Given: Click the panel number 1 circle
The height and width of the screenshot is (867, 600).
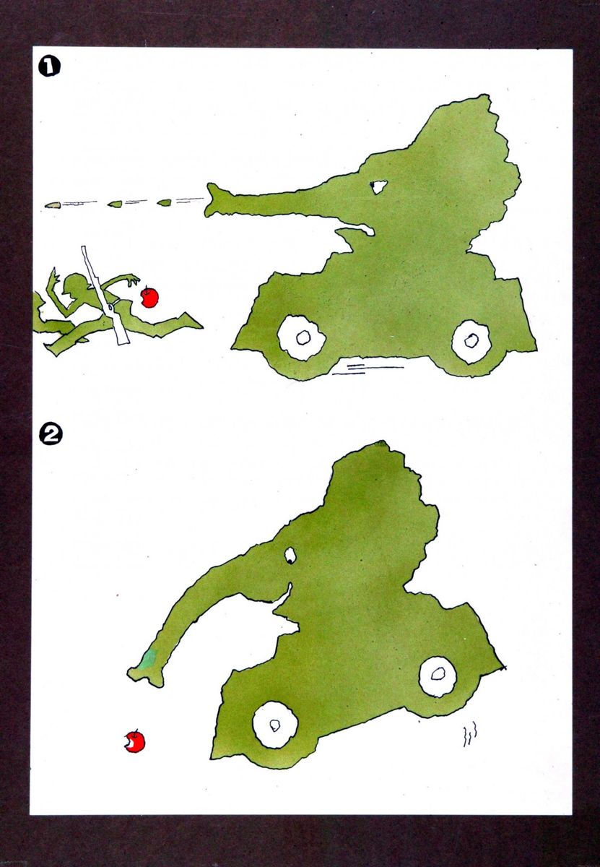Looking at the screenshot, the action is (x=49, y=66).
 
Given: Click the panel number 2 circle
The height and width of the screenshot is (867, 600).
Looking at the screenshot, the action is (x=51, y=436).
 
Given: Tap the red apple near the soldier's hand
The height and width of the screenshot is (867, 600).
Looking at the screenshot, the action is (x=149, y=297).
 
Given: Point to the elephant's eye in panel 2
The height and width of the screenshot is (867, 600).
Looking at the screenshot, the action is (x=290, y=556).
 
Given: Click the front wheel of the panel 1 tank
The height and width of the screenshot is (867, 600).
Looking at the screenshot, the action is (x=302, y=338).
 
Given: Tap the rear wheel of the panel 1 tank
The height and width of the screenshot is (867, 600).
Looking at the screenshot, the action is (x=471, y=341).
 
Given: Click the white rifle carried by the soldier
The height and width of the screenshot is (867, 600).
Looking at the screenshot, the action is (x=105, y=296).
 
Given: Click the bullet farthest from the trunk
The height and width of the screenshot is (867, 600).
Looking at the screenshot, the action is (x=53, y=205).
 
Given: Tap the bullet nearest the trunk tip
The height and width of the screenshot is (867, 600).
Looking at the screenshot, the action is (x=165, y=202).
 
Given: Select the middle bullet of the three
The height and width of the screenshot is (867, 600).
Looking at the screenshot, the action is (x=115, y=204).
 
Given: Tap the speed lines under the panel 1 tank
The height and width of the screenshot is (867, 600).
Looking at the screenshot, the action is (x=368, y=369).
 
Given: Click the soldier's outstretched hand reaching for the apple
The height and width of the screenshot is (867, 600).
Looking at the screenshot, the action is (x=133, y=279).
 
